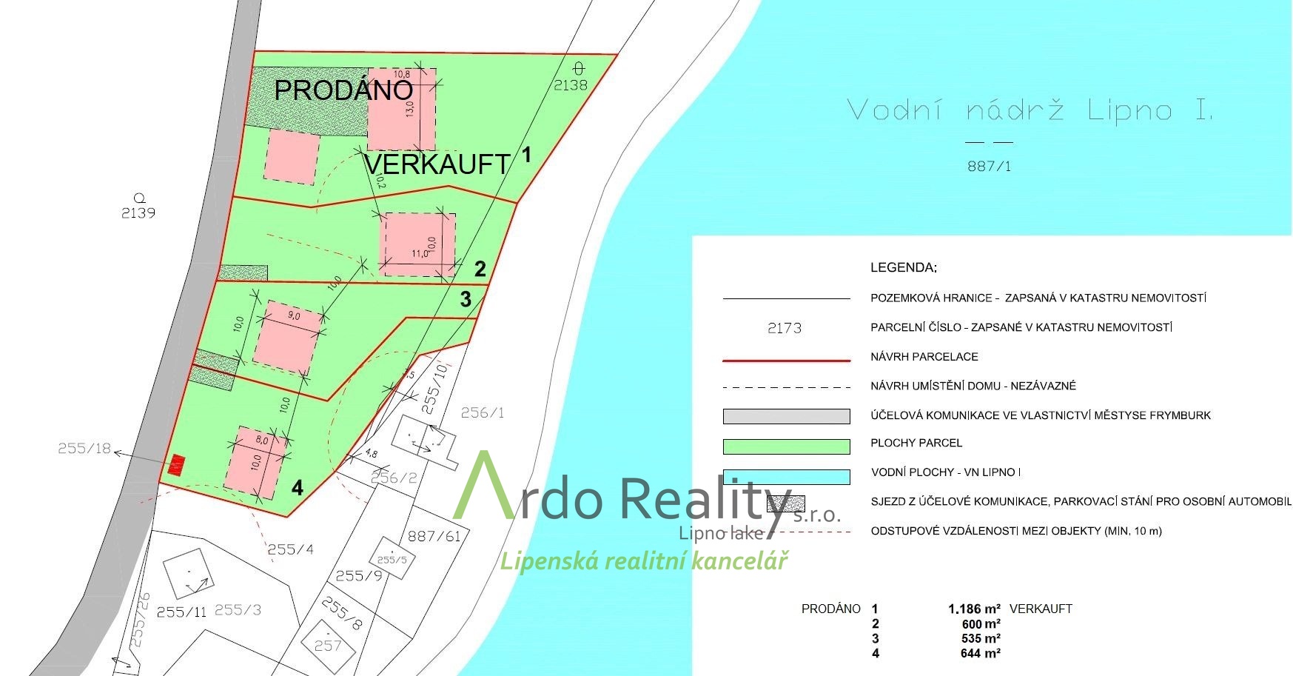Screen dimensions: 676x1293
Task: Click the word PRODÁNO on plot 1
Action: [x=343, y=90]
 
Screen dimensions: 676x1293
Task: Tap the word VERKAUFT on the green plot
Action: [x=437, y=164]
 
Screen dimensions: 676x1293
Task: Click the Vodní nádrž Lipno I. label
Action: [x=1030, y=111]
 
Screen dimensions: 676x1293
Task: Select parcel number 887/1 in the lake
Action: [x=989, y=167]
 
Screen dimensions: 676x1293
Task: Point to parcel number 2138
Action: [x=571, y=85]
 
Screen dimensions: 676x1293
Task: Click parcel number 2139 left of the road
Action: [x=138, y=212]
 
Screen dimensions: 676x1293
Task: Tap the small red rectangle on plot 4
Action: [x=176, y=465]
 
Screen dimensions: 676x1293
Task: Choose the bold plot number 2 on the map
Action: [x=480, y=269]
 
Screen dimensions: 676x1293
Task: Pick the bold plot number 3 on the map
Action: [x=466, y=299]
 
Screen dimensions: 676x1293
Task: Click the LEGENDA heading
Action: [x=904, y=268]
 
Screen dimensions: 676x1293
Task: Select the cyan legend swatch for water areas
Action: [x=786, y=477]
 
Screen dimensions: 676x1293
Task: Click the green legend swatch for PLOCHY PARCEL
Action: [x=786, y=446]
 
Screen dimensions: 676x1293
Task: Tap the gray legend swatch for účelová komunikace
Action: [x=786, y=417]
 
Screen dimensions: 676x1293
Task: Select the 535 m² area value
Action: [x=981, y=638]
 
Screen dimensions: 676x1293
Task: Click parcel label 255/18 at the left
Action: [x=84, y=448]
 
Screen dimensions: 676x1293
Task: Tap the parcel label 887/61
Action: [x=434, y=535]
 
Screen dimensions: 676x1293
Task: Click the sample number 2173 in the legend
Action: [x=785, y=327]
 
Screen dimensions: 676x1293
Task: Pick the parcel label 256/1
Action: [x=483, y=412]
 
